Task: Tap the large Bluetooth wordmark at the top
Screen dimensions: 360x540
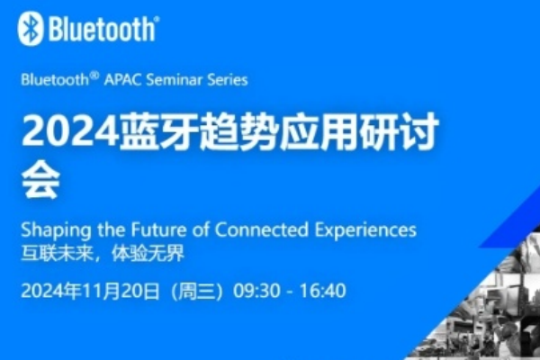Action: [x=102, y=30]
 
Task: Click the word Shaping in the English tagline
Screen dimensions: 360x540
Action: [x=51, y=229]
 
